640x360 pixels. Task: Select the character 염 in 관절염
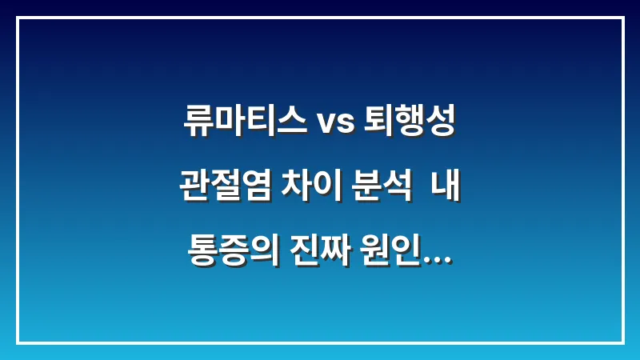254,191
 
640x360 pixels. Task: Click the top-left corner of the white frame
17,17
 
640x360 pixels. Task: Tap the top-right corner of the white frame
622,17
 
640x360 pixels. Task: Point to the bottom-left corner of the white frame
17,342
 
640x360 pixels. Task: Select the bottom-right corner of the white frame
622,342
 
